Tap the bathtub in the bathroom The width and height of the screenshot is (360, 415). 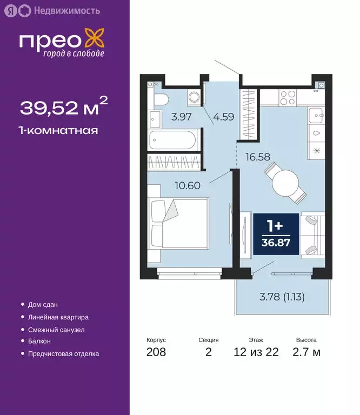coord(171,140)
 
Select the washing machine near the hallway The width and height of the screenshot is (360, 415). coord(194,98)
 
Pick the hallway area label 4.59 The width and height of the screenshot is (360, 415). coord(223,116)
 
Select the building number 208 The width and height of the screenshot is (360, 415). coord(156,352)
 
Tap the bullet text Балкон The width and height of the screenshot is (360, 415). coord(39,342)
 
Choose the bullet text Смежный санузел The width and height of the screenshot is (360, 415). coord(56,330)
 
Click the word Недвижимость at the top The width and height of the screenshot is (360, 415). coord(66,10)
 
